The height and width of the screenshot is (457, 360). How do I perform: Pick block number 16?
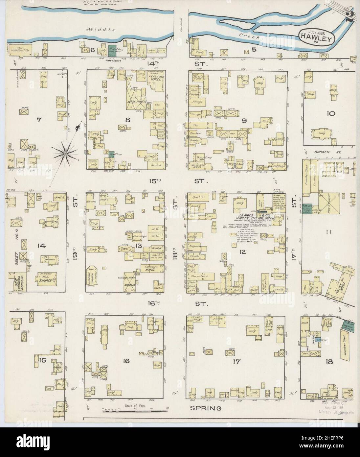[x=126, y=361]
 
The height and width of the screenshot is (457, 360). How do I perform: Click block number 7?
[x=39, y=120]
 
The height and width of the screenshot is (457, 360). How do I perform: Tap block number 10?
[x=331, y=114]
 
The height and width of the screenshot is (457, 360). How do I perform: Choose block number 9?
[x=244, y=121]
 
